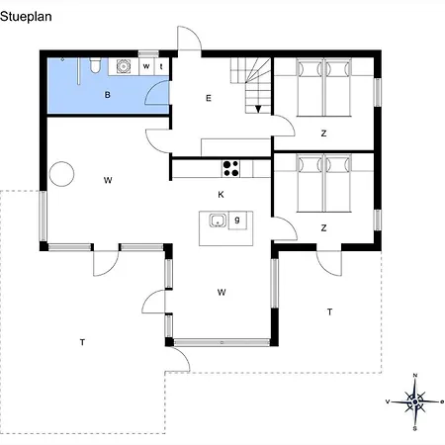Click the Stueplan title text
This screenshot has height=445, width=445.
26,17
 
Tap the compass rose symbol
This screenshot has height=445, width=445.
415,401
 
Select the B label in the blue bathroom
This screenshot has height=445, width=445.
107,95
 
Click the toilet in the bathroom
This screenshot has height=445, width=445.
95,65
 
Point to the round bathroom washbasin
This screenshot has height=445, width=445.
124,66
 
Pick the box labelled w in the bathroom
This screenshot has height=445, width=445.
146,66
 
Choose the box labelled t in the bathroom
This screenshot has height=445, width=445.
161,66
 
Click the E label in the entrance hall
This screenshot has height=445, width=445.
209,98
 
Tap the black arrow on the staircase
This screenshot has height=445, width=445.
258,109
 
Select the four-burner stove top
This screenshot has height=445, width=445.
230,168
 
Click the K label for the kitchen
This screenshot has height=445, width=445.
221,195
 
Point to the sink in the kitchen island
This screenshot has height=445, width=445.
218,221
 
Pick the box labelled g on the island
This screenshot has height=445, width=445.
237,221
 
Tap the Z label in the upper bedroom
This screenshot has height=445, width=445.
323,133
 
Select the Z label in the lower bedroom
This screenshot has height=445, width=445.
323,227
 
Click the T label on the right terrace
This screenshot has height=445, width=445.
329,311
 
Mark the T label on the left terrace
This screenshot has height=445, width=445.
82,342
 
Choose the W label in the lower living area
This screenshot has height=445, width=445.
222,292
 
